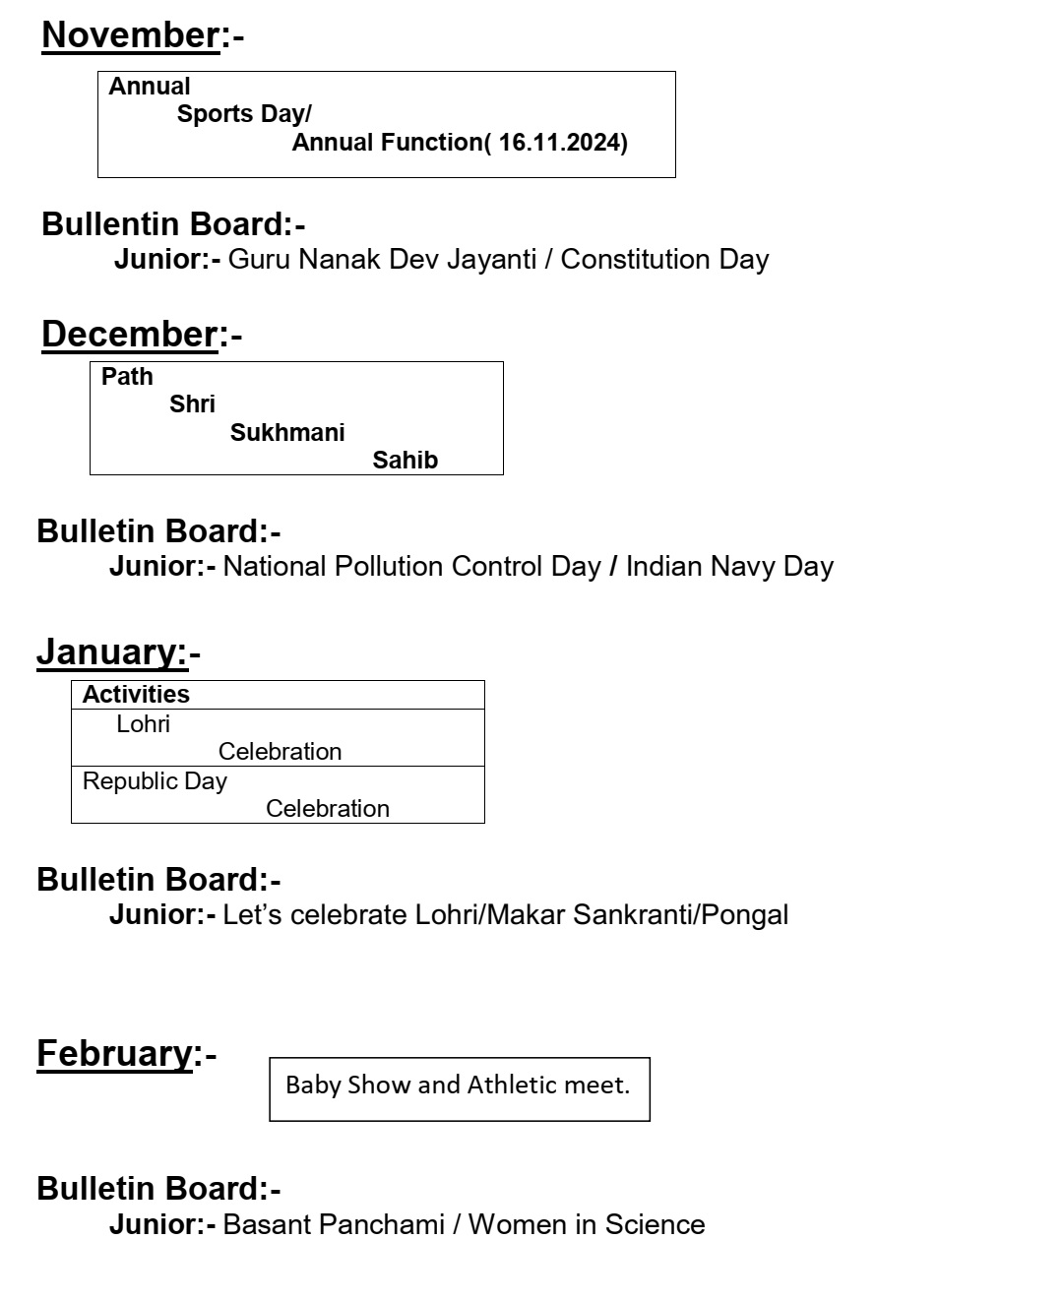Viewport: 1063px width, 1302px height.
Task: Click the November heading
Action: (130, 35)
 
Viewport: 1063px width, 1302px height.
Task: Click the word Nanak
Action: (341, 260)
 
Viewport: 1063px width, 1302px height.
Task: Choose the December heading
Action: (129, 335)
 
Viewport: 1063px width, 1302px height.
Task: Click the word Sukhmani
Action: (287, 433)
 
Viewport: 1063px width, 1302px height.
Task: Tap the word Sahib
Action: (405, 461)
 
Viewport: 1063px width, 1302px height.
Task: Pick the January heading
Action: (111, 652)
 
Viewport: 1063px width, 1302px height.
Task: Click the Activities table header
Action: (136, 695)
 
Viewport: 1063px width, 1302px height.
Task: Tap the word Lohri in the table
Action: (143, 724)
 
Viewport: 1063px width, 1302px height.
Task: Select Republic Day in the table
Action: (155, 781)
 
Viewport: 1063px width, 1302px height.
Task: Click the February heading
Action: (114, 1054)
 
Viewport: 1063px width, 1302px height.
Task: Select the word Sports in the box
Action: (216, 114)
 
